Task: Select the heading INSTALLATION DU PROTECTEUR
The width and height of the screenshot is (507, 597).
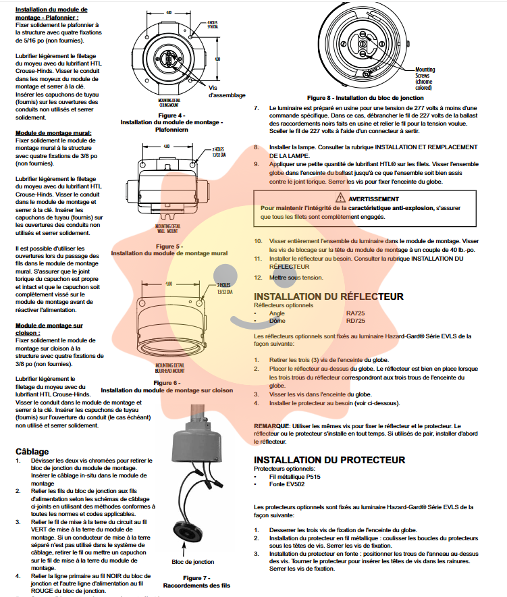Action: pos(329,460)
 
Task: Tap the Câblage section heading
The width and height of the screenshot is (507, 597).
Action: pos(32,451)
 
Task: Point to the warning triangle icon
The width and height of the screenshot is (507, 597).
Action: pos(342,199)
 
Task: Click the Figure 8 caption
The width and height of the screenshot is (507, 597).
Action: pos(365,98)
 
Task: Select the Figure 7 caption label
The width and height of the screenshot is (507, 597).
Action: pos(196,577)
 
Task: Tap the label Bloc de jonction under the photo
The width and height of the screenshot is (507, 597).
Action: pos(192,562)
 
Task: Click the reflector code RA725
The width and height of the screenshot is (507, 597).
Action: pos(356,313)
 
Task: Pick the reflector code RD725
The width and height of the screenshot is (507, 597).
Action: pos(356,321)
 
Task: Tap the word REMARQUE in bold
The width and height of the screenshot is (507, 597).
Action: pos(272,426)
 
